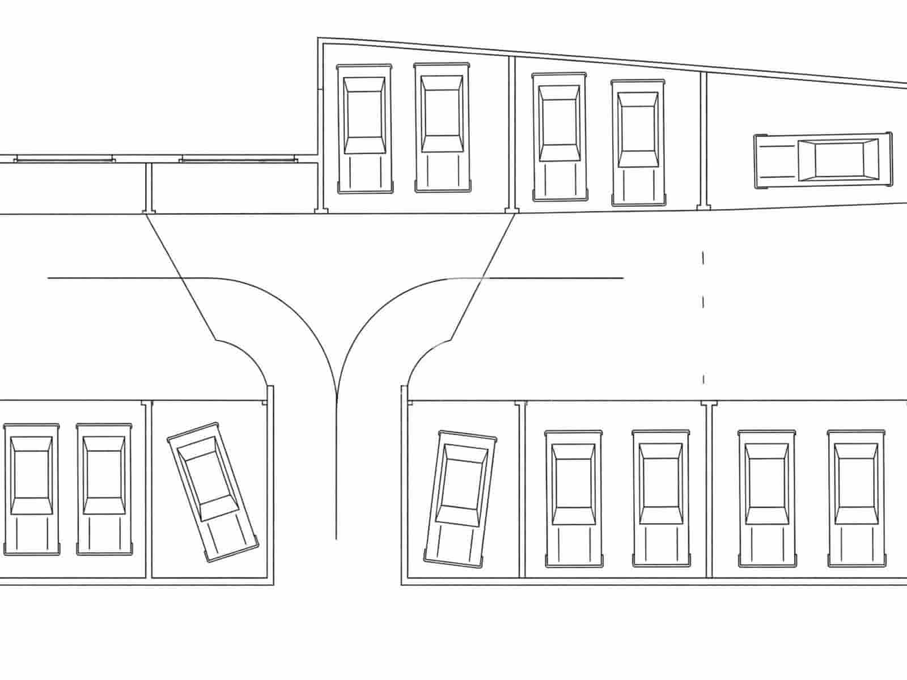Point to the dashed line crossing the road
click(703, 317)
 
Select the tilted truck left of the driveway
click(213, 491)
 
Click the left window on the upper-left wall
click(64, 160)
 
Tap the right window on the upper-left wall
click(238, 160)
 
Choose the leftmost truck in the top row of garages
click(364, 129)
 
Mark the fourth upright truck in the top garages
click(638, 143)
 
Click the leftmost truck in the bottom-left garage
click(32, 488)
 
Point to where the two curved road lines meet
click(337, 397)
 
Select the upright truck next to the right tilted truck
click(573, 499)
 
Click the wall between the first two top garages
click(512, 133)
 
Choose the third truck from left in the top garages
click(560, 136)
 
